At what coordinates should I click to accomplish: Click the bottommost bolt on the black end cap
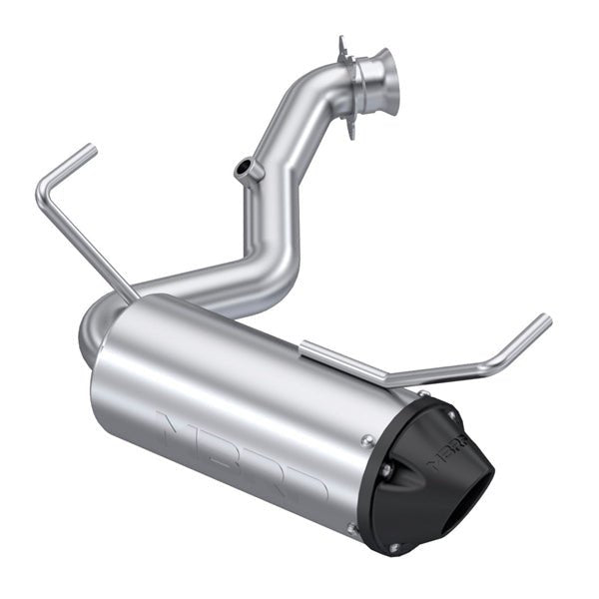393,547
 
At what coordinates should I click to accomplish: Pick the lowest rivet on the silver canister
351,528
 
